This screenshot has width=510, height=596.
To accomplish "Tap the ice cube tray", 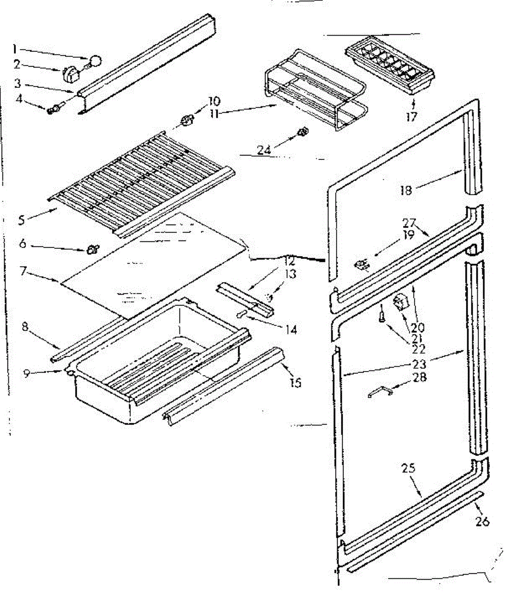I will point(390,66).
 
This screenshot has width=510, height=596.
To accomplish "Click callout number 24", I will point(264,149).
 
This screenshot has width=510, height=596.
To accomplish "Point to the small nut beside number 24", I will point(301,132).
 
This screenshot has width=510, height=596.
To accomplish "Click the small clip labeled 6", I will point(92,248).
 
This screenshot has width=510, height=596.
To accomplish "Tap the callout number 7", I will point(22,272).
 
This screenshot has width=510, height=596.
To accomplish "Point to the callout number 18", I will point(406,190).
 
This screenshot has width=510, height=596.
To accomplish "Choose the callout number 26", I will point(482,521).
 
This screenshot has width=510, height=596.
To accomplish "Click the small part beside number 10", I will point(186,120).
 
